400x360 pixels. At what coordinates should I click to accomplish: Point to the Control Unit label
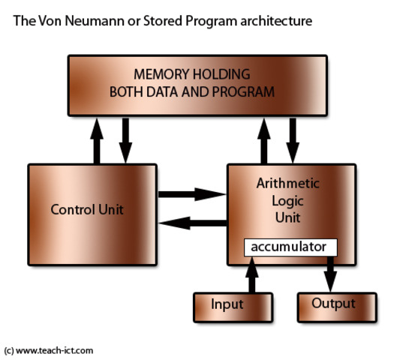87,209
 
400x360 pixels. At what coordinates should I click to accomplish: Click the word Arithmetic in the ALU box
287,184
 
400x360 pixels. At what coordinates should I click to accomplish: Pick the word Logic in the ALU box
287,201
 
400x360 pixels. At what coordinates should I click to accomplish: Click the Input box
227,304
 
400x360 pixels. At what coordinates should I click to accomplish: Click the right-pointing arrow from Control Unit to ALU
192,193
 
